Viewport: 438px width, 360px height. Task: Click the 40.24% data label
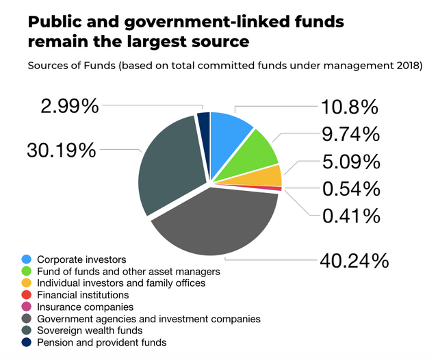pos(354,261)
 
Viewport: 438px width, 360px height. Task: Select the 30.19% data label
pos(62,150)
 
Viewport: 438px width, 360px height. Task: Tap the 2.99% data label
pos(69,107)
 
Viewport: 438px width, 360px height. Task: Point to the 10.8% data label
pos(350,107)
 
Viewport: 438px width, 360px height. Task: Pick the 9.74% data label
pos(350,134)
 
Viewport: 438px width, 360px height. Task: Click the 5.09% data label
pos(350,162)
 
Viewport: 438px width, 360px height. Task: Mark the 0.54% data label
pos(350,188)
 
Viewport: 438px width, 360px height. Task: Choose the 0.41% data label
pos(350,216)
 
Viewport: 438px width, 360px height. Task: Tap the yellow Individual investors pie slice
pos(269,176)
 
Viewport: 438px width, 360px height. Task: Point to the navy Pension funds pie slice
pos(203,121)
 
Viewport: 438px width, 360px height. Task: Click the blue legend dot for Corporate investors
pos(26,259)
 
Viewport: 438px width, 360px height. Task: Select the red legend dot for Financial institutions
pos(26,295)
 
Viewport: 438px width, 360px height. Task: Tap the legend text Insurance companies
pos(85,307)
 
